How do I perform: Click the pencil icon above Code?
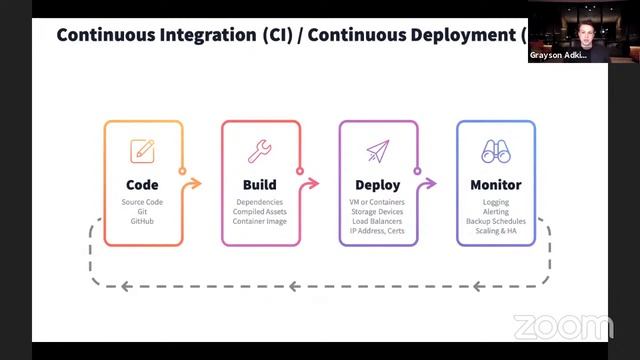tap(142, 152)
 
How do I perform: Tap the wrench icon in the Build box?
tap(260, 152)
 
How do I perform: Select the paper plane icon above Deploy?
tap(377, 152)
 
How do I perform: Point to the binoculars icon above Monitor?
tap(496, 152)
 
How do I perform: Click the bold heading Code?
tap(142, 185)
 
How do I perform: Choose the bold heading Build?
tap(260, 185)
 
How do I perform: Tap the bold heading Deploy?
tap(378, 185)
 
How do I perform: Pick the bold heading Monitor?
tap(496, 185)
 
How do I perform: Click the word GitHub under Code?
tap(142, 221)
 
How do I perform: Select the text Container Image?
tap(260, 221)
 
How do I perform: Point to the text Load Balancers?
tap(378, 221)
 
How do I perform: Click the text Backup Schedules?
tap(496, 221)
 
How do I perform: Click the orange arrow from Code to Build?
tap(193, 184)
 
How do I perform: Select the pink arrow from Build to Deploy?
tap(311, 184)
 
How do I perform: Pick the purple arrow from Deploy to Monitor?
tap(429, 184)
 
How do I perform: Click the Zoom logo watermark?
tap(563, 327)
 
